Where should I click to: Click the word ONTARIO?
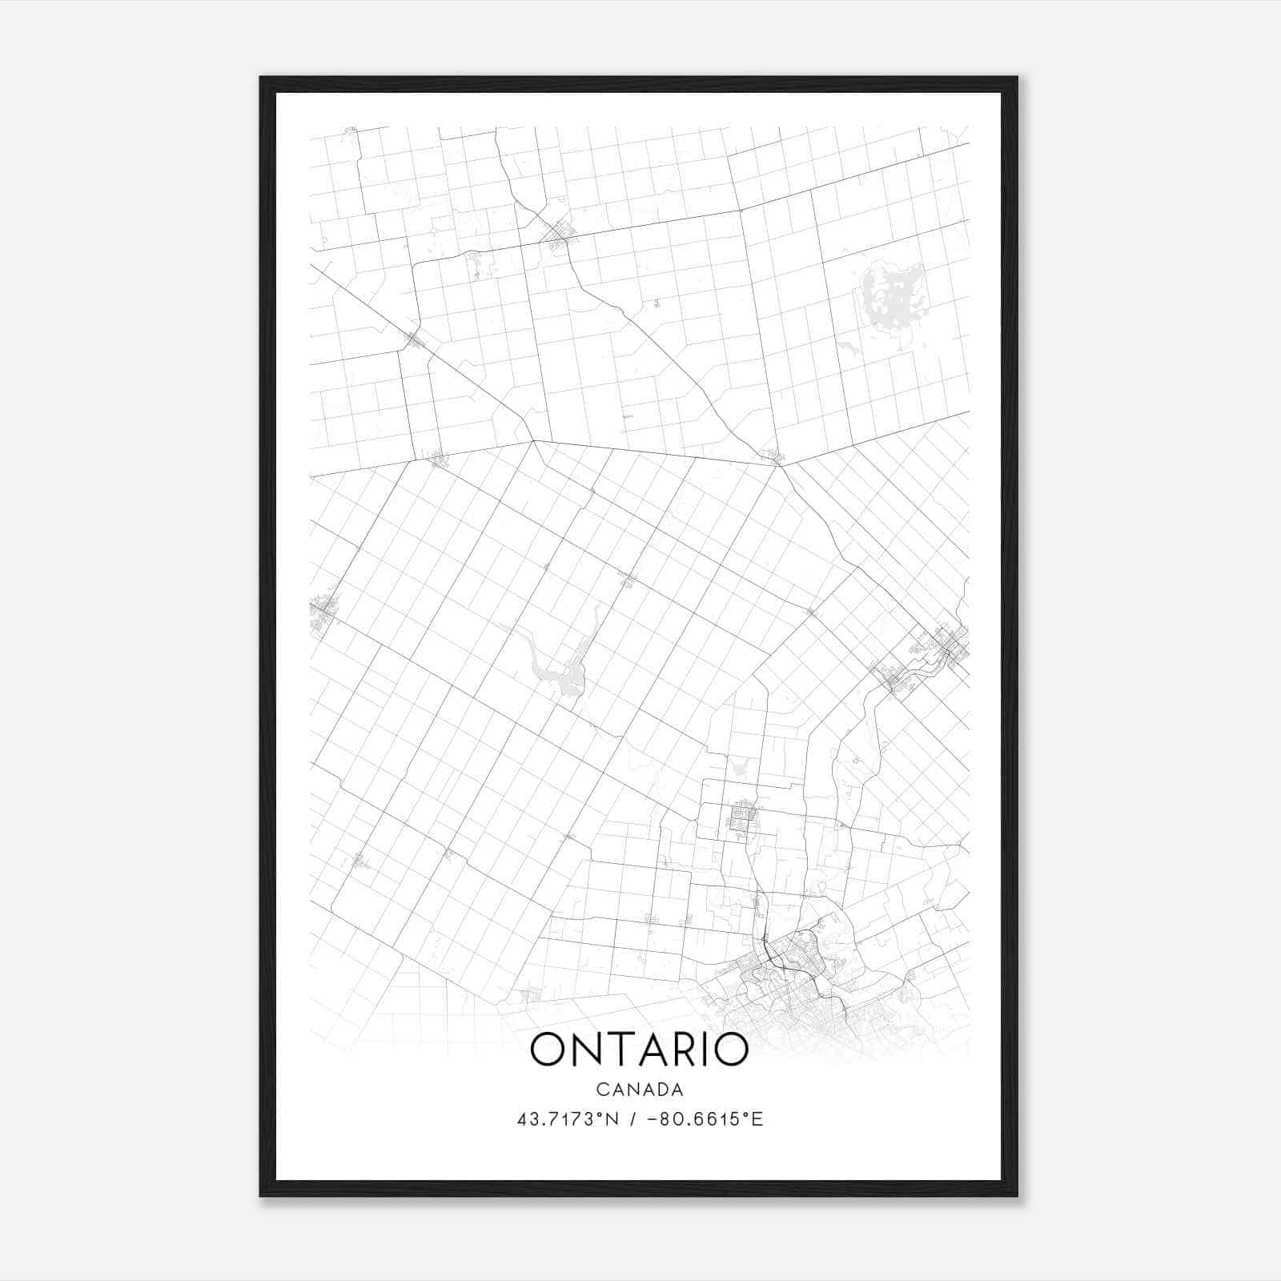pyautogui.click(x=639, y=1050)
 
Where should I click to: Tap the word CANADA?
pyautogui.click(x=639, y=1090)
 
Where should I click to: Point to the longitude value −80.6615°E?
pyautogui.click(x=702, y=1119)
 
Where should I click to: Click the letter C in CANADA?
pyautogui.click(x=601, y=1090)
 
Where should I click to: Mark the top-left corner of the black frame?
pyautogui.click(x=262, y=78)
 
